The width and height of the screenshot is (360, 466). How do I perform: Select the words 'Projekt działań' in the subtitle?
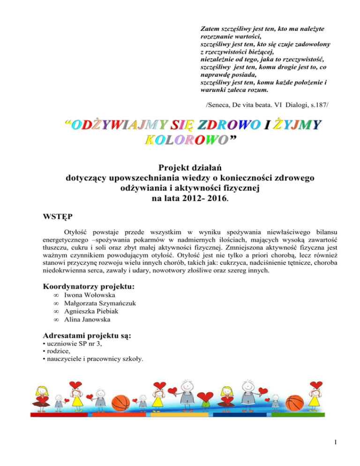[x=180, y=167]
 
